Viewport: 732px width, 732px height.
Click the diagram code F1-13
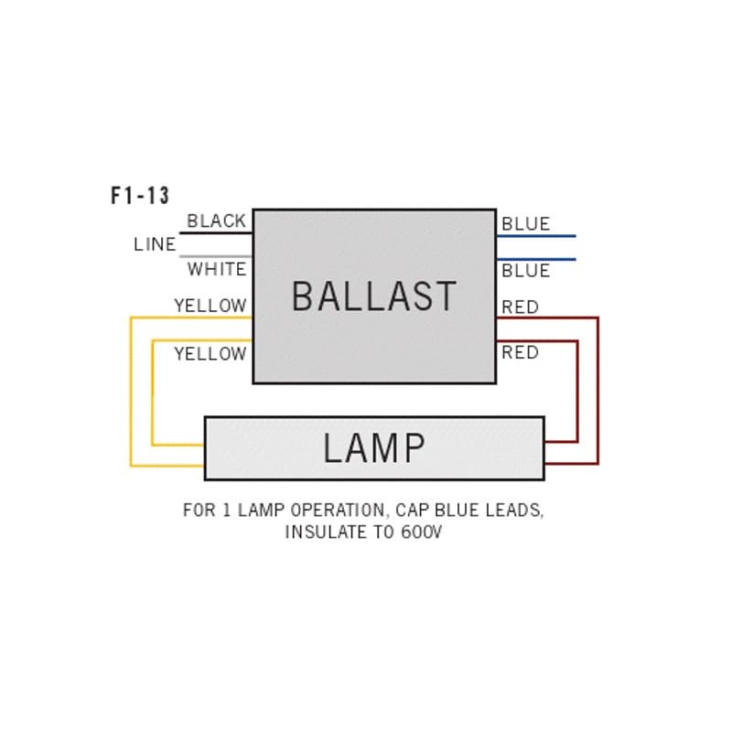click(x=140, y=196)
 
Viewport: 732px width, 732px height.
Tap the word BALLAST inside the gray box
click(x=373, y=296)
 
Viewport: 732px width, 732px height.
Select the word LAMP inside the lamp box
click(x=374, y=448)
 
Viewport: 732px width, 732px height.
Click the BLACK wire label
click(x=216, y=221)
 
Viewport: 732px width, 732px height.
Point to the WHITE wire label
click(x=217, y=270)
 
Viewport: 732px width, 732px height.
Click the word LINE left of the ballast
click(x=155, y=245)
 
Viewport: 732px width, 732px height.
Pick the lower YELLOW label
click(x=210, y=353)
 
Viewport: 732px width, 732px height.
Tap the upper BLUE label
click(x=525, y=224)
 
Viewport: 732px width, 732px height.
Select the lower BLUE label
click(x=525, y=271)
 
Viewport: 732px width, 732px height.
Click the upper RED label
click(x=520, y=307)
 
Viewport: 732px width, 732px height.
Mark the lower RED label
click(x=520, y=352)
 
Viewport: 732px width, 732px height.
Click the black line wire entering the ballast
click(x=215, y=233)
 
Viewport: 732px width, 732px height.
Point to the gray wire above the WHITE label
click(x=215, y=256)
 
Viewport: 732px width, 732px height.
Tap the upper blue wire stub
click(x=536, y=236)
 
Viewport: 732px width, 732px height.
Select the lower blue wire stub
click(x=536, y=259)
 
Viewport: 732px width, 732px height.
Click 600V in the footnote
click(x=421, y=533)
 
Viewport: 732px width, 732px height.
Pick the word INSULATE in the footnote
click(x=328, y=533)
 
